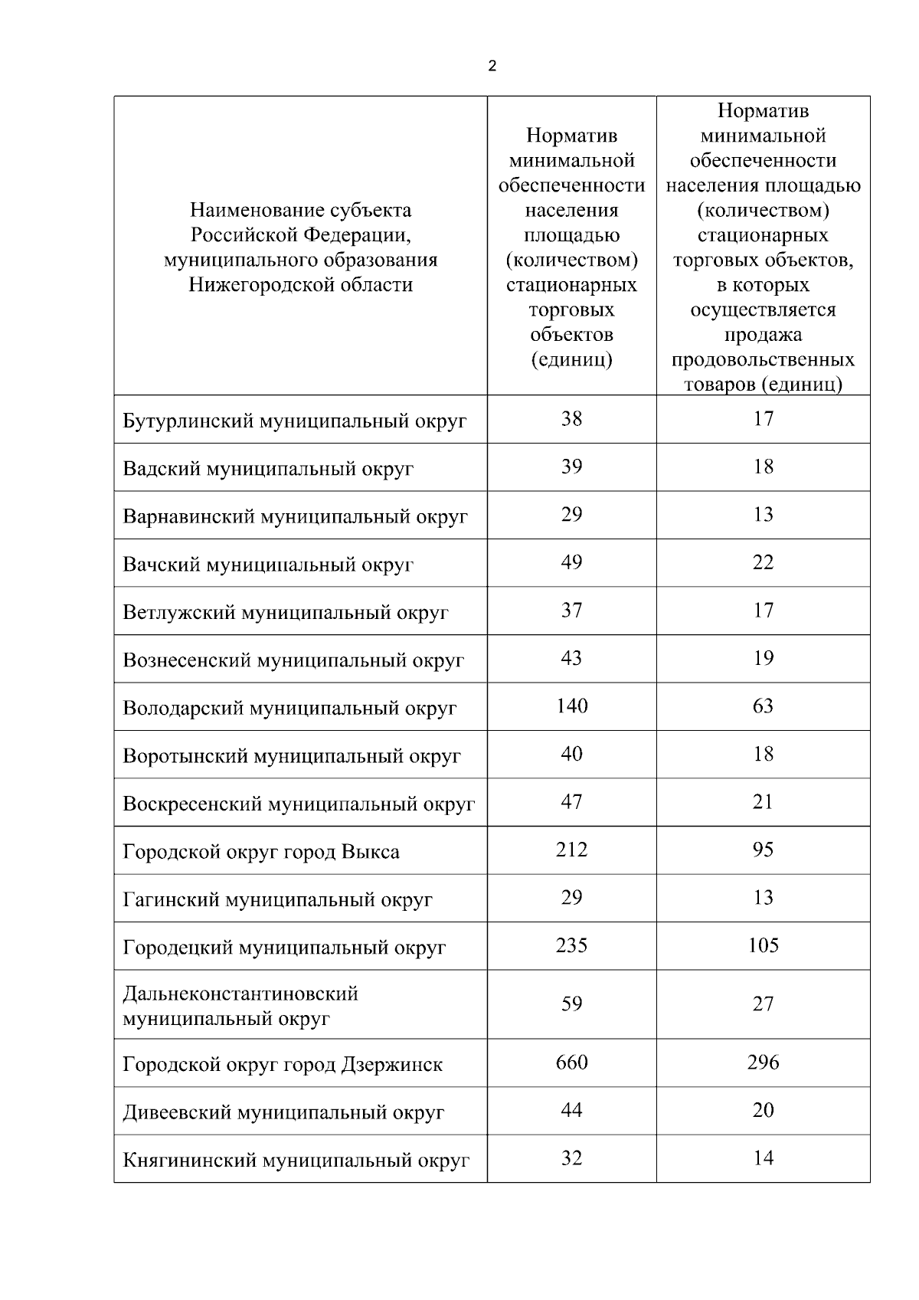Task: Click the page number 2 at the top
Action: [492, 66]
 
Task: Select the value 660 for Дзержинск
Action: [571, 1063]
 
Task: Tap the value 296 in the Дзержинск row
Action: [763, 1063]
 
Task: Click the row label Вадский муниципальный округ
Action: [268, 469]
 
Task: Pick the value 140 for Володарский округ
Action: [571, 706]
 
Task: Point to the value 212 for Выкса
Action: [571, 850]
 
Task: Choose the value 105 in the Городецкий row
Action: [763, 945]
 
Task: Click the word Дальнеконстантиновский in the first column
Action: [240, 994]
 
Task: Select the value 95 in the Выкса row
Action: [763, 850]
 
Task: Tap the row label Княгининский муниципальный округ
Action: [296, 1161]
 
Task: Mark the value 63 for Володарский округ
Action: [763, 706]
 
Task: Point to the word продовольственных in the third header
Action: [763, 359]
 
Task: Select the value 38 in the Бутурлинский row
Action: [571, 418]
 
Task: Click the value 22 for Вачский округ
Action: [763, 562]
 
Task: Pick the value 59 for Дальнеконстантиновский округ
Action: [571, 1004]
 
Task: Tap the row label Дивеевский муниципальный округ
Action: [283, 1112]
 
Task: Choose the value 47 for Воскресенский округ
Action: [571, 802]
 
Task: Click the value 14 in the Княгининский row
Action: [763, 1158]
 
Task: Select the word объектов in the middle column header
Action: [571, 335]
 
